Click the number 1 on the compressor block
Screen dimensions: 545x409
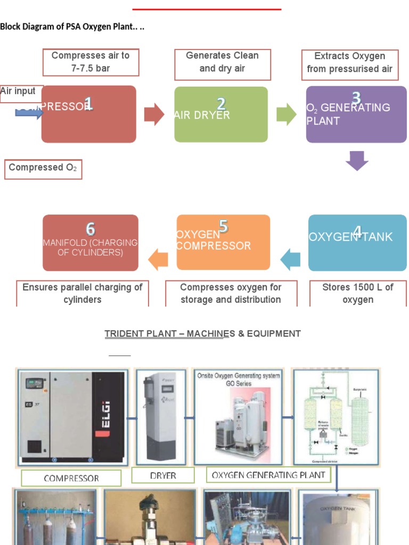click(88, 104)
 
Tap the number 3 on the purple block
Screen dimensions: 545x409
click(356, 98)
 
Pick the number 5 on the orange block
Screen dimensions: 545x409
click(223, 227)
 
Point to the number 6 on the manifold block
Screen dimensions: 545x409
click(91, 229)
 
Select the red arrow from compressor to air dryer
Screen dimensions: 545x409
click(154, 114)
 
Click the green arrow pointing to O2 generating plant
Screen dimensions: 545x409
click(287, 114)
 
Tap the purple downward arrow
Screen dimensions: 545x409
click(357, 160)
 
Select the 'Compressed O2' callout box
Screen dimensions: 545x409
click(43, 168)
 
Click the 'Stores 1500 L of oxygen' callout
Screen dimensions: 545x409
click(357, 293)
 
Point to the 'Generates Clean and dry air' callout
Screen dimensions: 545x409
click(223, 63)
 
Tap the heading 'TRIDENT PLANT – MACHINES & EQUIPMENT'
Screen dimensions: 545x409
click(202, 334)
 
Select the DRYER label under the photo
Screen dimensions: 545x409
click(163, 476)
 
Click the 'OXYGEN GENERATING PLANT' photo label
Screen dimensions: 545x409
click(268, 475)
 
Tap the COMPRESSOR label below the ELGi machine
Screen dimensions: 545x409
click(71, 478)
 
